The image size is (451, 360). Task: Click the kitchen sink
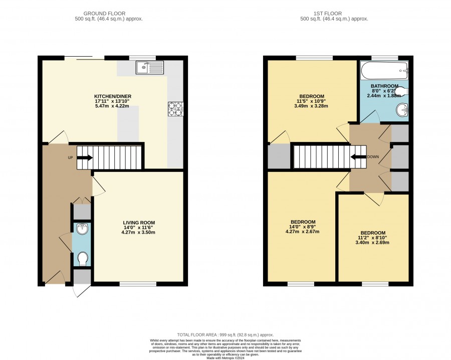click(x=150, y=68)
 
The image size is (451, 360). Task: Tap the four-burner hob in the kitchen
click(x=176, y=109)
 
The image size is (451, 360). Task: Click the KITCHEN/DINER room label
click(x=113, y=96)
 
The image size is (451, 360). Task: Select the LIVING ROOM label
click(x=139, y=223)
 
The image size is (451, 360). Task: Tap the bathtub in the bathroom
click(x=384, y=71)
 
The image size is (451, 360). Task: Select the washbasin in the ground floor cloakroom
click(x=83, y=229)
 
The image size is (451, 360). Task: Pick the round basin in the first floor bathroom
click(x=402, y=110)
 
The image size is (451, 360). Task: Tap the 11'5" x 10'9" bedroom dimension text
click(x=312, y=101)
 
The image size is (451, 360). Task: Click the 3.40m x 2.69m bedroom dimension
click(x=373, y=243)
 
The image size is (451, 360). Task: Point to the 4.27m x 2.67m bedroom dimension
click(x=303, y=232)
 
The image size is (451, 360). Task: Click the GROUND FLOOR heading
click(x=104, y=14)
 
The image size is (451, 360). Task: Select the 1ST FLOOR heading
click(x=328, y=14)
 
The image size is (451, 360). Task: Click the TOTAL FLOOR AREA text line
click(x=225, y=335)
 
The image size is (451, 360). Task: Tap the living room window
click(x=138, y=284)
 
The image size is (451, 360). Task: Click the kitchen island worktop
click(x=128, y=124)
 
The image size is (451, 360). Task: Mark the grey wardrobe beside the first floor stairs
click(x=279, y=156)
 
